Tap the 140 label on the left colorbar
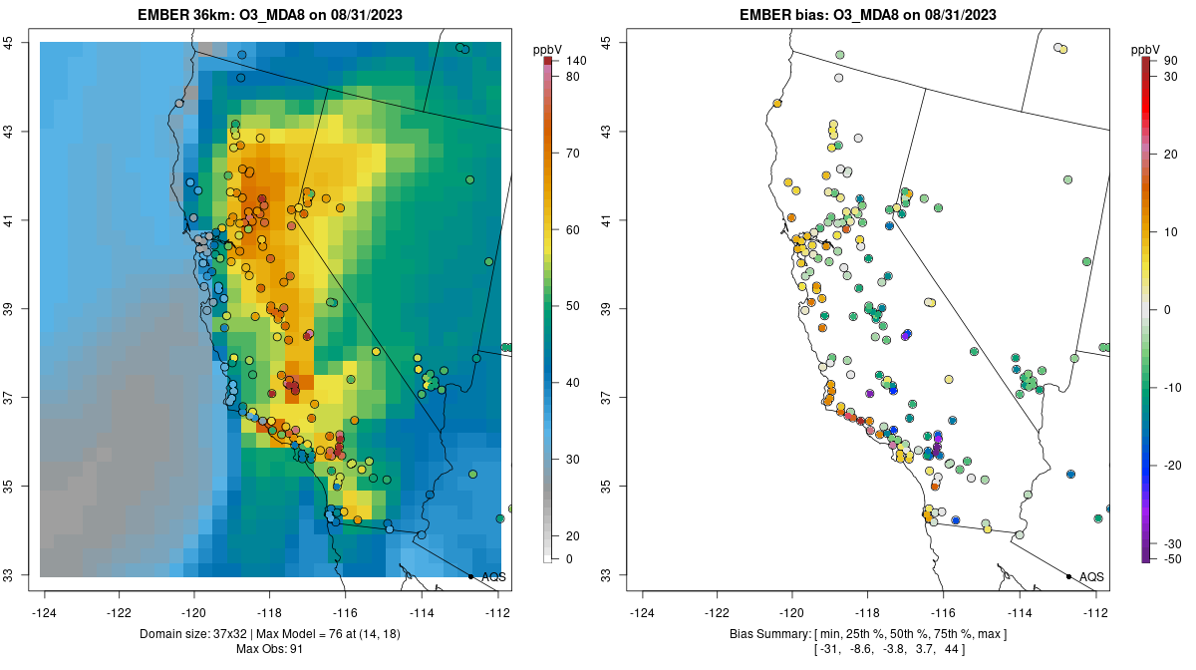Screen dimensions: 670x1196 pos(576,61)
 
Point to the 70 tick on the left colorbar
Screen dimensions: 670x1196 pos(572,154)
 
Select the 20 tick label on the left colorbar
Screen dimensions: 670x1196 pos(572,535)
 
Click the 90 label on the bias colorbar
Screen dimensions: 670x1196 pos(1171,61)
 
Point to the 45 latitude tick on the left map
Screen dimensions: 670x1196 pos(8,43)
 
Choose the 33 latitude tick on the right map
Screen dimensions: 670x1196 pos(606,575)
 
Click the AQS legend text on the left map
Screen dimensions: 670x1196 pos(493,577)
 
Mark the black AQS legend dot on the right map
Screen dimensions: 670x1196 pos(1068,576)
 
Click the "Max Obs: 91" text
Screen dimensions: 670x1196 pos(270,649)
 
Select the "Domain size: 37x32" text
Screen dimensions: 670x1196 pos(189,634)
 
